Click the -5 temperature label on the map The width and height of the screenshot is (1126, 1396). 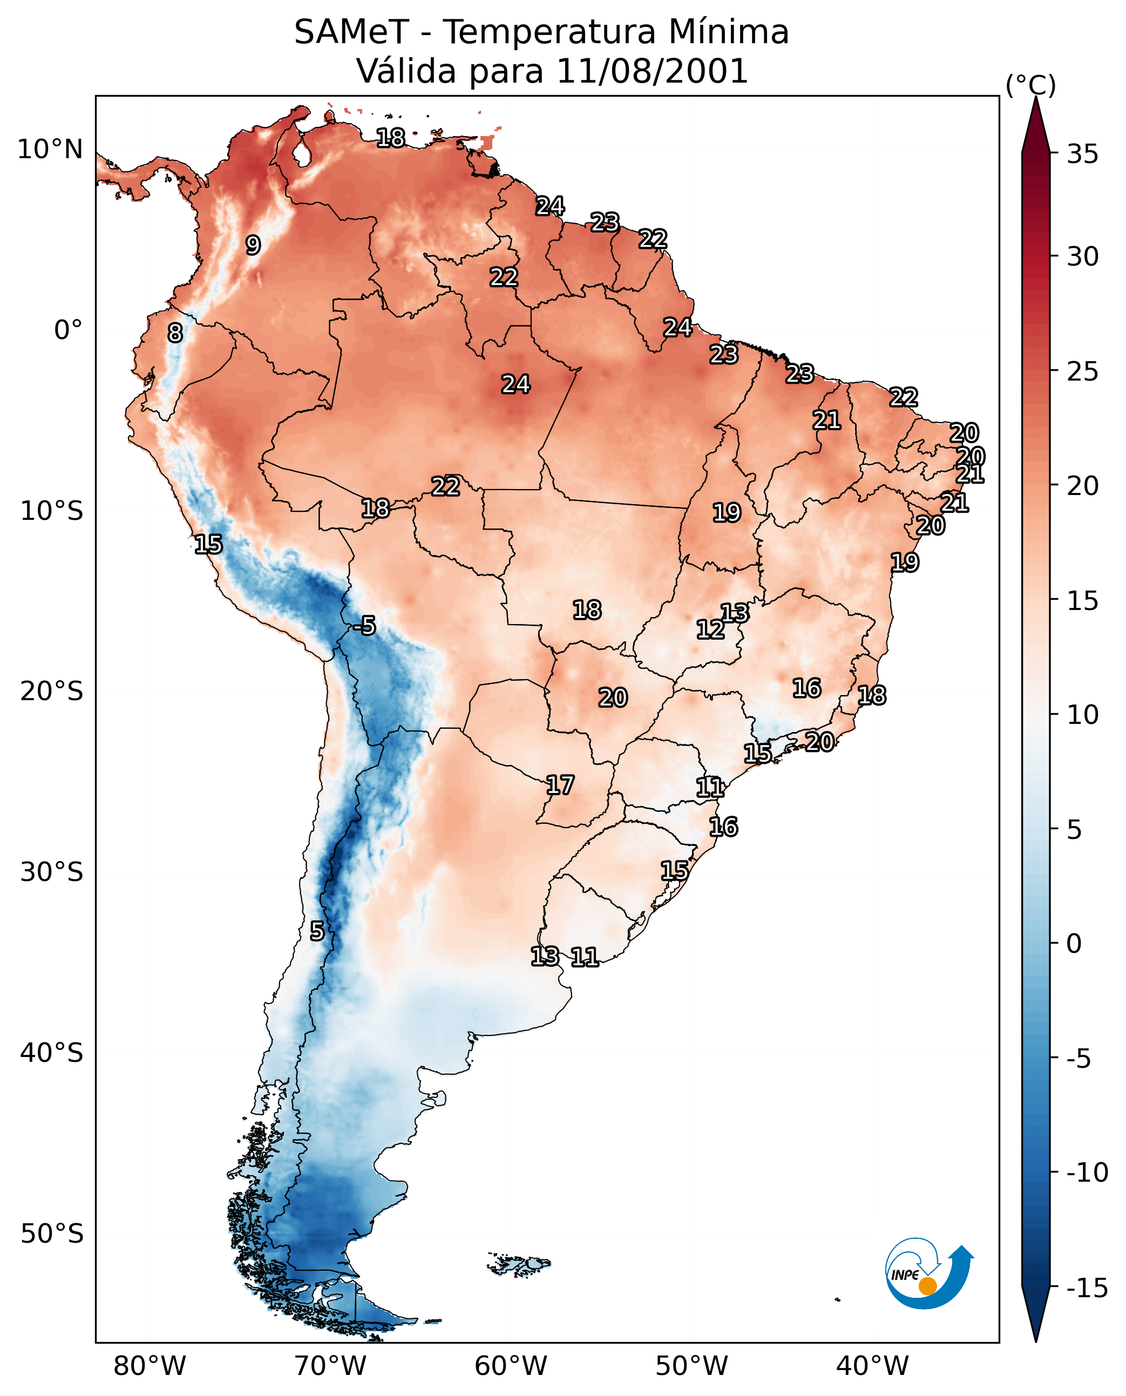[364, 626]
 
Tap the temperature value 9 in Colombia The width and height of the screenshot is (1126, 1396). [253, 245]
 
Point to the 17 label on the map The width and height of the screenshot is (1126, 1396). [560, 785]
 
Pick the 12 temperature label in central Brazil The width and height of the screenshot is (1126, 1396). [710, 629]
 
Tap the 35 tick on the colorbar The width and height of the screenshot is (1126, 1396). [1082, 154]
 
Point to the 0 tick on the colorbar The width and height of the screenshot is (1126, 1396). [1074, 944]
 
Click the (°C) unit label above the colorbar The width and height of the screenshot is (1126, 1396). [1030, 85]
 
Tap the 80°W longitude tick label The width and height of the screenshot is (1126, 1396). [150, 1366]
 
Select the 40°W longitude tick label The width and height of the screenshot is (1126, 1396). [872, 1366]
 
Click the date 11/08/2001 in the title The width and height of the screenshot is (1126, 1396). [653, 71]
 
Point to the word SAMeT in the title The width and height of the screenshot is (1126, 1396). [351, 32]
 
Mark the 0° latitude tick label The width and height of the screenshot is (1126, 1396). [68, 330]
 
